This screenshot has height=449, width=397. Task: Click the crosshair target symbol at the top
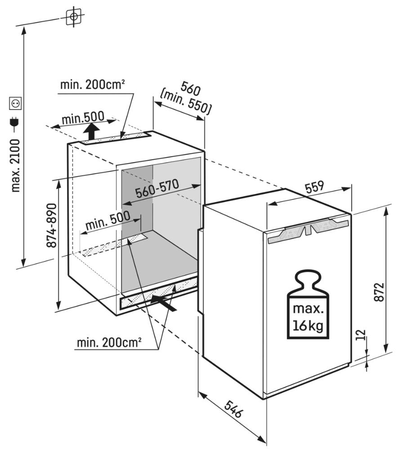(x=74, y=17)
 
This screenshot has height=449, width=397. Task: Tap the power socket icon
(x=15, y=103)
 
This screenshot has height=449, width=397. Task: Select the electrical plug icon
(x=14, y=122)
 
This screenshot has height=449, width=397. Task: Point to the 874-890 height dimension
(x=52, y=225)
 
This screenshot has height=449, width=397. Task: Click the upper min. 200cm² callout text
(x=93, y=84)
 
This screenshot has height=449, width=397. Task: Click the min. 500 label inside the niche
(x=108, y=220)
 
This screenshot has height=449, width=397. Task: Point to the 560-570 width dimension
(x=157, y=189)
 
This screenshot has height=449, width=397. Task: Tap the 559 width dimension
(x=314, y=188)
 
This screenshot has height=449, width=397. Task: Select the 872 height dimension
(x=379, y=292)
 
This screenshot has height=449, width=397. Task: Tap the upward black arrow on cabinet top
(x=92, y=131)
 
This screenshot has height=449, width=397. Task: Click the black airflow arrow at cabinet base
(x=164, y=303)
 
